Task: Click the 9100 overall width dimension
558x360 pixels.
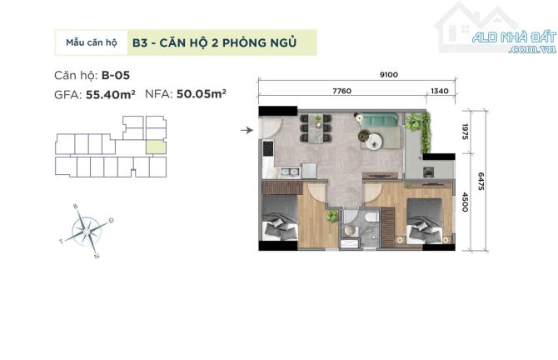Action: (x=389, y=74)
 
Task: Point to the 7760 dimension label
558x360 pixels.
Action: (x=341, y=91)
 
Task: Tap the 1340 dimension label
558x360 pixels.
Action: (x=440, y=91)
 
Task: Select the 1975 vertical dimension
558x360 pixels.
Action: (x=465, y=132)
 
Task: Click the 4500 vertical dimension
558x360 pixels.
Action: (x=465, y=202)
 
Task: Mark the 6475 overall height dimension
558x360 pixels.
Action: (x=481, y=181)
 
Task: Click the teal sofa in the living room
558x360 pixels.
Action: (x=379, y=120)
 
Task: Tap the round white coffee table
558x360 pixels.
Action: (x=374, y=142)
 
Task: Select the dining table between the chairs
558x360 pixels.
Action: (x=316, y=128)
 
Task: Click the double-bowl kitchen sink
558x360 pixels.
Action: (x=289, y=172)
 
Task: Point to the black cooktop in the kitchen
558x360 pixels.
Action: (x=267, y=148)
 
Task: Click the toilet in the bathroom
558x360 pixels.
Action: (x=371, y=217)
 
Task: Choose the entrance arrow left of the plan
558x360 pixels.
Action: (x=247, y=130)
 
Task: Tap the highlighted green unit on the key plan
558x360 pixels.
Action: (x=156, y=147)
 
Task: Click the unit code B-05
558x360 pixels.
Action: (x=116, y=76)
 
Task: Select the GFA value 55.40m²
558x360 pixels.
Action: (x=111, y=94)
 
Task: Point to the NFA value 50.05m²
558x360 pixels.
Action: (x=202, y=94)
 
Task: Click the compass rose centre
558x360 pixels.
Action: (x=87, y=231)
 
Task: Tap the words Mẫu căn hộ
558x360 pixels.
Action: (x=92, y=42)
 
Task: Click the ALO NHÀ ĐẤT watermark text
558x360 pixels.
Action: (x=514, y=37)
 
